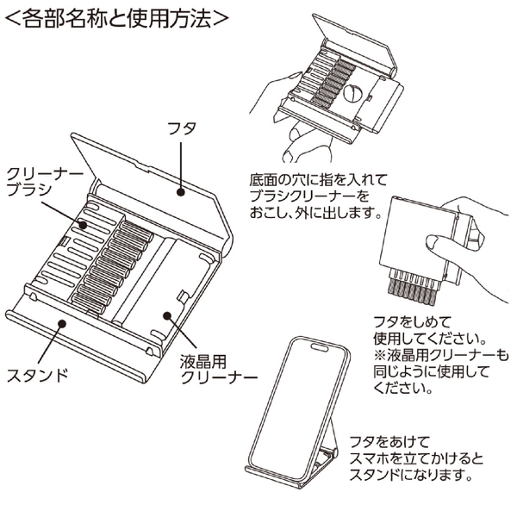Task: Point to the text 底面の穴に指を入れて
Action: [318, 178]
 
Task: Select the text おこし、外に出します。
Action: [314, 211]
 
